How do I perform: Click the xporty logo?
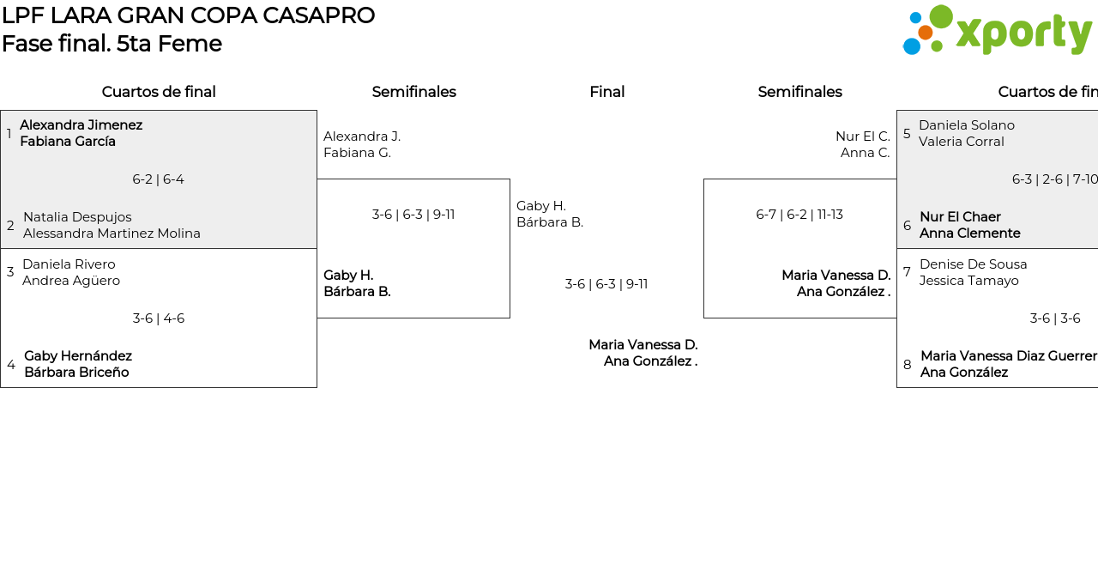click(x=997, y=31)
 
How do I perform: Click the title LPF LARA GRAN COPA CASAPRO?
click(x=188, y=15)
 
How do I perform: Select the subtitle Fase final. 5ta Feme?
click(x=112, y=44)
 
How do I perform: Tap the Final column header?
click(x=606, y=92)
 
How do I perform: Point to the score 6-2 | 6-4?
click(x=158, y=179)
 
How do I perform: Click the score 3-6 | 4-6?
click(x=158, y=318)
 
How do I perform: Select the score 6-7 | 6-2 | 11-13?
click(x=799, y=215)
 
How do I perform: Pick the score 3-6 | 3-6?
click(x=1054, y=318)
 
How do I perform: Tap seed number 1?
click(x=9, y=134)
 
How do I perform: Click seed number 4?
click(x=11, y=365)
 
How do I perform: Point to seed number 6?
click(x=907, y=226)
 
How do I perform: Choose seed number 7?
click(x=907, y=272)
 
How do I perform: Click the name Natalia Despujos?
click(x=77, y=217)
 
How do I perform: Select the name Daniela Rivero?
click(x=69, y=264)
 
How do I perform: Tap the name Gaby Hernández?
click(x=78, y=356)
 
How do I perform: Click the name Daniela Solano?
click(x=966, y=125)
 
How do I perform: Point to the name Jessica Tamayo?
click(x=968, y=281)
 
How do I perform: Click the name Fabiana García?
click(x=68, y=142)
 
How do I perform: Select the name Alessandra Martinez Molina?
click(x=112, y=233)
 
